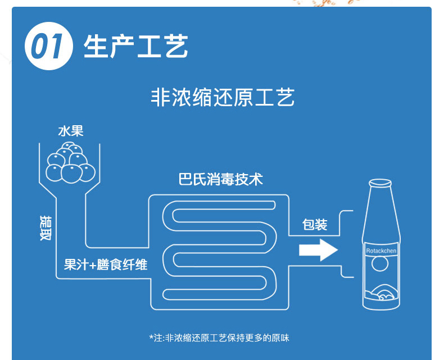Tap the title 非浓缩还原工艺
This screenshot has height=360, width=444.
click(x=223, y=98)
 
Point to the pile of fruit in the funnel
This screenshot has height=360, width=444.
click(x=70, y=163)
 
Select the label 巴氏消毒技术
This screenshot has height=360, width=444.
click(x=221, y=180)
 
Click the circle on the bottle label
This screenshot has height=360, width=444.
click(x=380, y=263)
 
